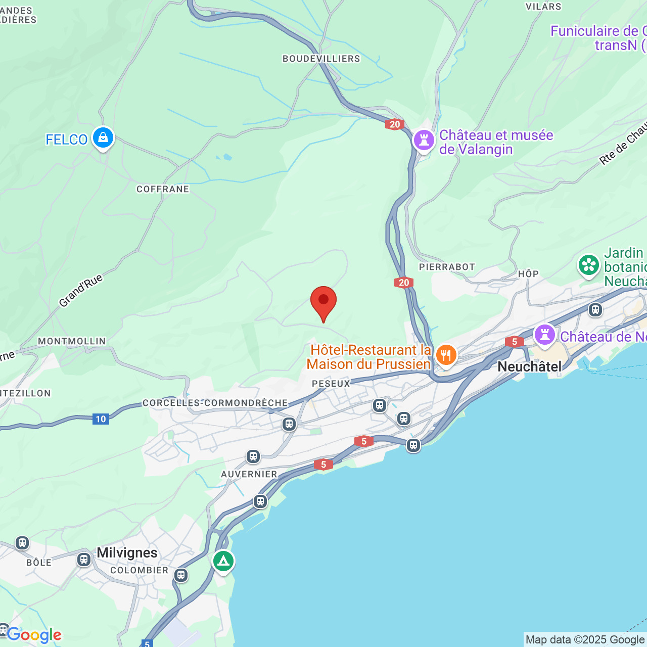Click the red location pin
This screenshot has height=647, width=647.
point(323,302)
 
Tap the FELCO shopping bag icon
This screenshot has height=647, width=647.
point(103,137)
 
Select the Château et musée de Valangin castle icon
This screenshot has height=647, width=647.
point(424,140)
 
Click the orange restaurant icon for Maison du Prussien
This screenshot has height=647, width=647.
point(446,355)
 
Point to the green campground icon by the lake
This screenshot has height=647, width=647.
point(223,561)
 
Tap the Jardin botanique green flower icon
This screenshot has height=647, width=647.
point(589,264)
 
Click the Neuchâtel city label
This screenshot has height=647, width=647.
point(529,366)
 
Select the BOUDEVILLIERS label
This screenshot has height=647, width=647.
point(321,59)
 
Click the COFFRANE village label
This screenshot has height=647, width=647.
point(163,189)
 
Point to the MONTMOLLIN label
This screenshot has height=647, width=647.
point(72,341)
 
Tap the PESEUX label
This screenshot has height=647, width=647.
point(331,384)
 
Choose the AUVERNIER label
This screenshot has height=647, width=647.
point(249,474)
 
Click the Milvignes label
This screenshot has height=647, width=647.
point(127,552)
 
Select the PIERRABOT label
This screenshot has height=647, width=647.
point(447,267)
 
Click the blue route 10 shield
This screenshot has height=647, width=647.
point(101,419)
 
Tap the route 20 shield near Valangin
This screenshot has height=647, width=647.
point(394,124)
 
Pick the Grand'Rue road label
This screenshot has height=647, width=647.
point(81,291)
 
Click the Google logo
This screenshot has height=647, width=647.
point(34,635)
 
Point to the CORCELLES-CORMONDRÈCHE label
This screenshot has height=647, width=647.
point(215,403)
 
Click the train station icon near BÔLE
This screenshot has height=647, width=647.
point(22,543)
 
